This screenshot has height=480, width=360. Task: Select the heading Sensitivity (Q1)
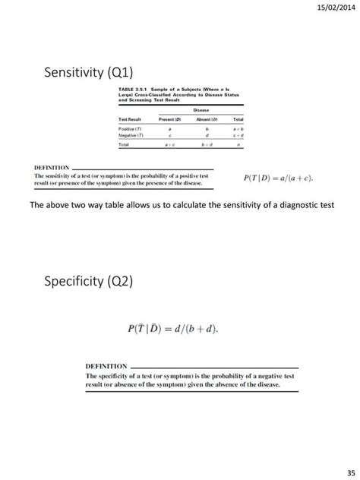point(90,73)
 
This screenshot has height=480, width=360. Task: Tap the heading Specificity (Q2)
point(90,283)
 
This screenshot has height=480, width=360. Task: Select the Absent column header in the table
point(207,120)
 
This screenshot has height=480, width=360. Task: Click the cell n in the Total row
point(238,146)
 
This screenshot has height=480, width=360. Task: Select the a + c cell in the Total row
point(168,146)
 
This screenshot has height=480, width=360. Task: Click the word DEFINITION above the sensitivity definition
point(52,167)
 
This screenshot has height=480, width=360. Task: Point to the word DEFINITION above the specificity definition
point(106,366)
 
